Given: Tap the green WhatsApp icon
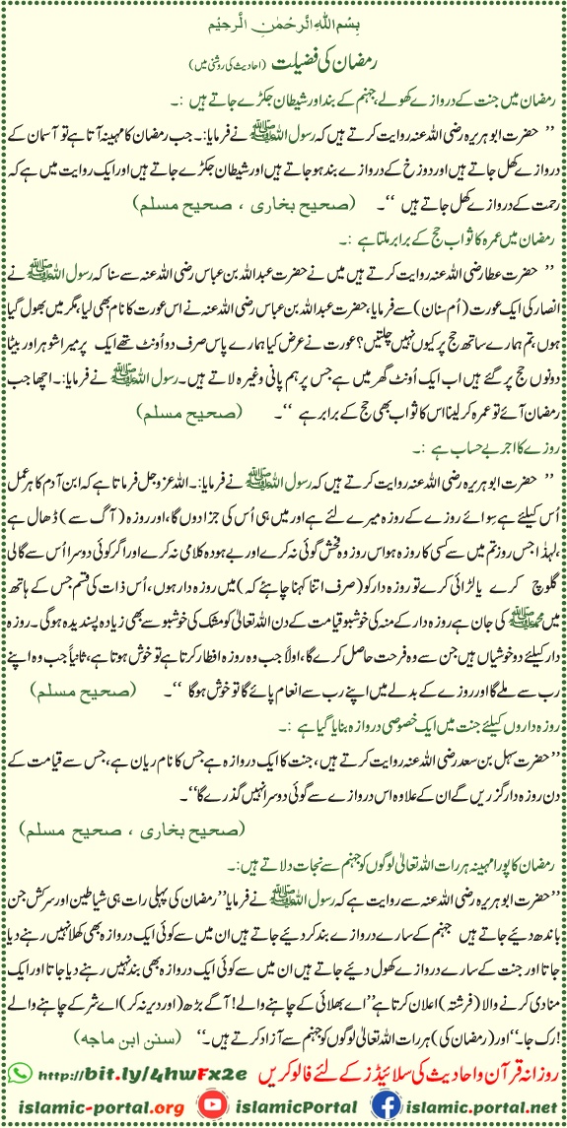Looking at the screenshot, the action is click(x=22, y=1065).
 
